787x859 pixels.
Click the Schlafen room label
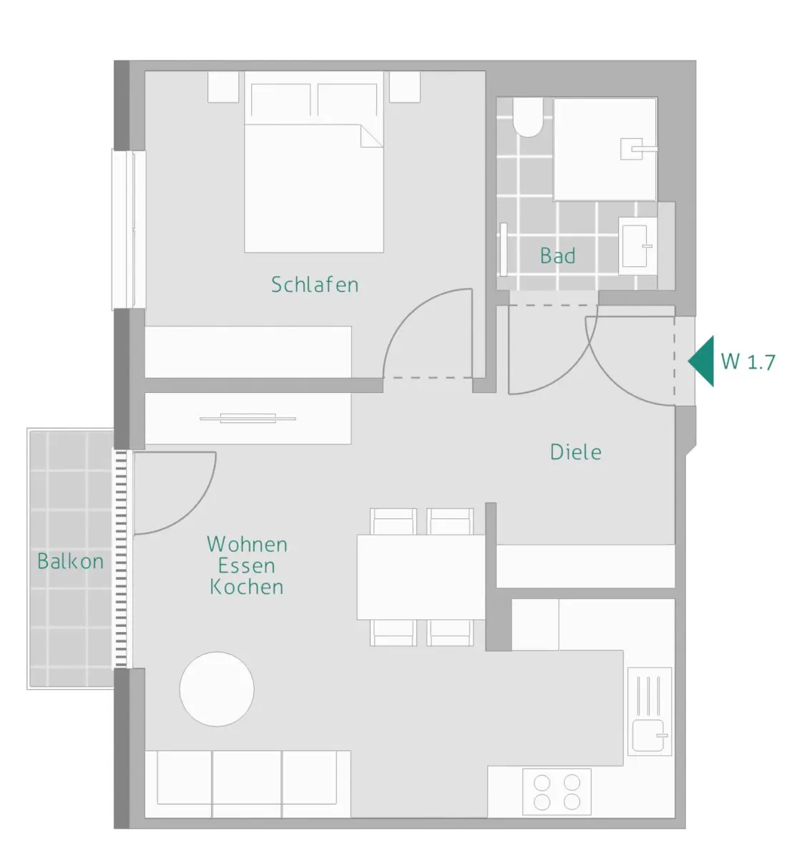tap(315, 285)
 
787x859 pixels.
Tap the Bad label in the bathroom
tap(557, 256)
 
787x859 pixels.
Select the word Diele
tap(575, 452)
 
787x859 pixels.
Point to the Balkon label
tap(71, 561)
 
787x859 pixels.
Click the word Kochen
tap(247, 587)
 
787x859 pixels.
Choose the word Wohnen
tap(247, 544)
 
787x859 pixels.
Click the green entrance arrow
tap(701, 361)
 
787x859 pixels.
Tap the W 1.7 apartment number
tap(748, 361)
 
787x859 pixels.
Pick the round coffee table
tap(217, 689)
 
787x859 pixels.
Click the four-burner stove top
tap(557, 791)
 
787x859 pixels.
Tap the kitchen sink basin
tap(648, 735)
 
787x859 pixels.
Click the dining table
tap(421, 577)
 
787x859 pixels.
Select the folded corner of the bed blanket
tap(371, 136)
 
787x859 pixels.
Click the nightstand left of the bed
tap(223, 87)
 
